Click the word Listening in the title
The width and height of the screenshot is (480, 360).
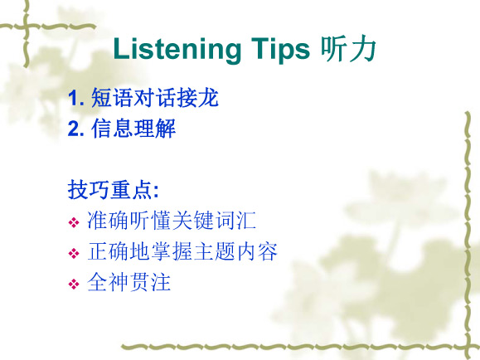point(177,50)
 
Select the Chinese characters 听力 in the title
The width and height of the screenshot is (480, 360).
point(348,49)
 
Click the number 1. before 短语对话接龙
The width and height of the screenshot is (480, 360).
point(76,98)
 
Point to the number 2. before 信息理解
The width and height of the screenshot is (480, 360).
point(76,129)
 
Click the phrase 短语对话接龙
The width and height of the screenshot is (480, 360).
point(154,98)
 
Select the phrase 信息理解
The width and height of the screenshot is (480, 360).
point(133,129)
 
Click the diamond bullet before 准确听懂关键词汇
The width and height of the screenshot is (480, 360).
point(74,222)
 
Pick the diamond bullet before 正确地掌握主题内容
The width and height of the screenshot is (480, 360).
point(74,253)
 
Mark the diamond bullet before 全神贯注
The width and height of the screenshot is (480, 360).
point(74,284)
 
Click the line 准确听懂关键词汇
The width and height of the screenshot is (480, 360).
point(172,221)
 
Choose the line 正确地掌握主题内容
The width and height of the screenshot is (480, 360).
point(182,251)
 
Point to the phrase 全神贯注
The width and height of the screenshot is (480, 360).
point(128,282)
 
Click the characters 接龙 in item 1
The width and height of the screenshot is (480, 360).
point(197,98)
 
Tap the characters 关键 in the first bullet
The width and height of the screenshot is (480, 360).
point(193,221)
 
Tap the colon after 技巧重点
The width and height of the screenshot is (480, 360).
point(156,192)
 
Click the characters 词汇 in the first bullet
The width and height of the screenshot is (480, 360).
point(235,221)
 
